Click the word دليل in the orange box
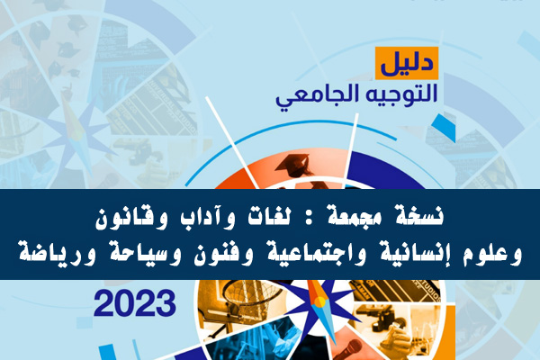[407, 64]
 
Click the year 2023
[135, 303]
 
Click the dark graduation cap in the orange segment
[293, 165]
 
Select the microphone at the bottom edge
[348, 349]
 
